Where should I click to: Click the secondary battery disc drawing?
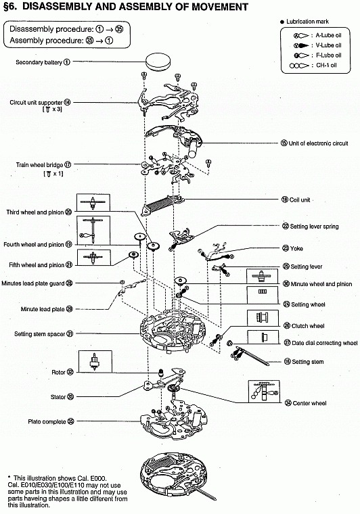click(158, 61)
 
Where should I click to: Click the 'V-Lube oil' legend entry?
click(317, 45)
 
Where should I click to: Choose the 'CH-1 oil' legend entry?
click(315, 65)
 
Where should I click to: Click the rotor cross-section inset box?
click(95, 361)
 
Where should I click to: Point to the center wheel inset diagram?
click(265, 391)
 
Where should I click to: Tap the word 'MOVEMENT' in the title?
click(220, 7)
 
